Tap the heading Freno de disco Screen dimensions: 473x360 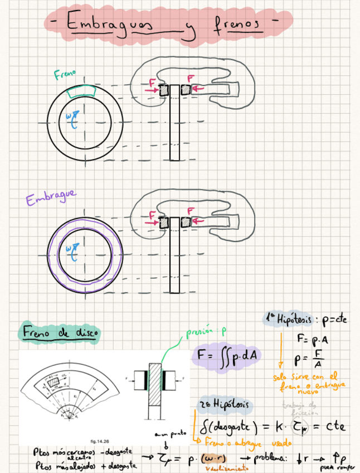pyautogui.click(x=60, y=334)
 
